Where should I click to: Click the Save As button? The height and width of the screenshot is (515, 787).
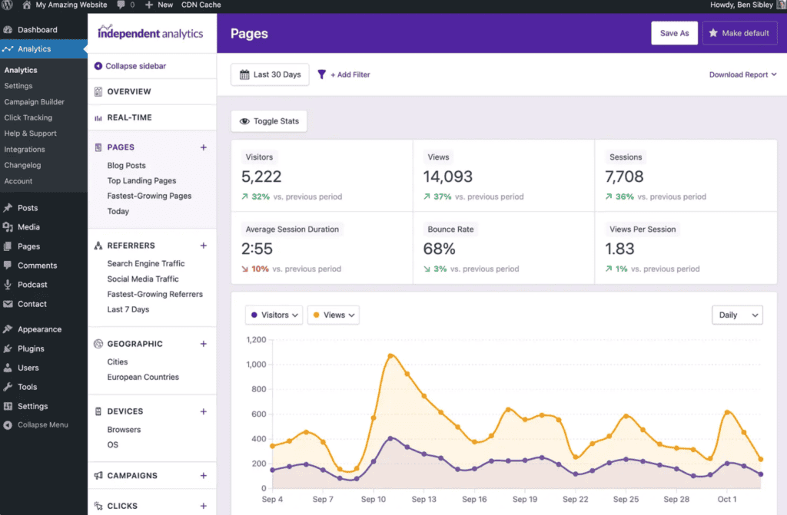pyautogui.click(x=674, y=33)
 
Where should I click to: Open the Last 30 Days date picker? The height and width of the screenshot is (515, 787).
pyautogui.click(x=270, y=74)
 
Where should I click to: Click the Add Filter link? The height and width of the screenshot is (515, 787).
pyautogui.click(x=344, y=74)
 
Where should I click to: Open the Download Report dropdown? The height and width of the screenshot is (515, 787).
pyautogui.click(x=742, y=74)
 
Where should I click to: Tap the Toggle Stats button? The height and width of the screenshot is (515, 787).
pyautogui.click(x=269, y=121)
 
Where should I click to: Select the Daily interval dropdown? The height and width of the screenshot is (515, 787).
pyautogui.click(x=737, y=315)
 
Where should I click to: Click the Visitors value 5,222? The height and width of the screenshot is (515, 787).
pyautogui.click(x=261, y=177)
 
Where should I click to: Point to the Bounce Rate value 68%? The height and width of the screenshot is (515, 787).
pyautogui.click(x=440, y=249)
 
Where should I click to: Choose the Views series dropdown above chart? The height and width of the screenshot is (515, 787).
pyautogui.click(x=334, y=315)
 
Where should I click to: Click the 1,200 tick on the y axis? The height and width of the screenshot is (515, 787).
pyautogui.click(x=255, y=339)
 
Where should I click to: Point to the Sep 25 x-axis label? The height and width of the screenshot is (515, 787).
pyautogui.click(x=626, y=499)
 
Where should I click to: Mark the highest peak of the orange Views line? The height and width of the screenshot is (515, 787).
pyautogui.click(x=390, y=355)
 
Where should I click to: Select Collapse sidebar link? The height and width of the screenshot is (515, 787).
pyautogui.click(x=135, y=66)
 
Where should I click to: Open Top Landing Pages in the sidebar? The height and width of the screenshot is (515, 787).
pyautogui.click(x=141, y=180)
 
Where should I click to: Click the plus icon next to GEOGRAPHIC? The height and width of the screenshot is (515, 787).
pyautogui.click(x=204, y=344)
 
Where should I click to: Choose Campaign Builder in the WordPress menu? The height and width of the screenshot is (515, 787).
pyautogui.click(x=35, y=101)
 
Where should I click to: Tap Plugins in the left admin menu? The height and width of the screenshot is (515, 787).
pyautogui.click(x=31, y=348)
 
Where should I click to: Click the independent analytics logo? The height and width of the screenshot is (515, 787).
pyautogui.click(x=151, y=33)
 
